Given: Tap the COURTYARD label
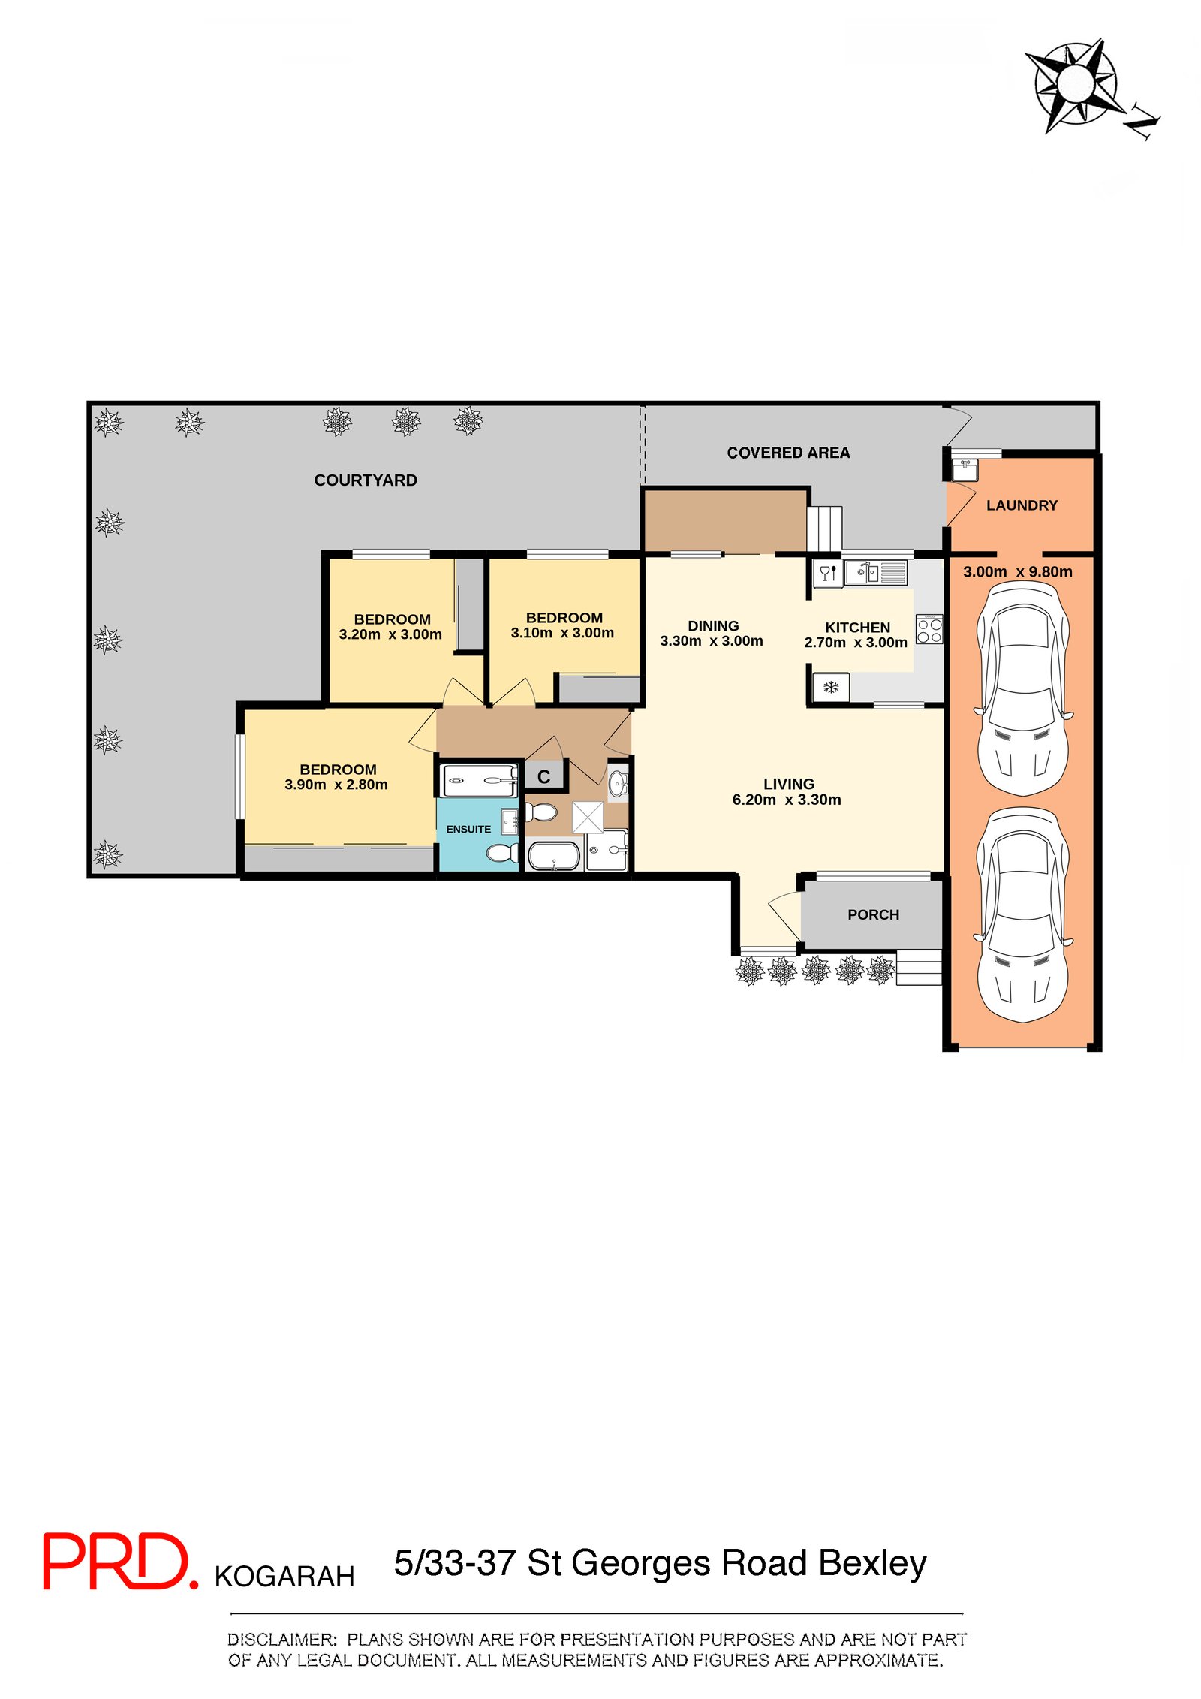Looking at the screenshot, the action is [x=366, y=480].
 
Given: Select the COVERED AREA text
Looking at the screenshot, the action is [x=788, y=453].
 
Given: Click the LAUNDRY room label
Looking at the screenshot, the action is [x=1022, y=505].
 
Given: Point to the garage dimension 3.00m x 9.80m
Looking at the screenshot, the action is [x=1017, y=571].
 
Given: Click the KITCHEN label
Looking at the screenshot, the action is [x=857, y=628].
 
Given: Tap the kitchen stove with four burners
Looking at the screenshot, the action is [x=929, y=629].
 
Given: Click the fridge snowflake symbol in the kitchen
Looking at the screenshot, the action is [x=831, y=687].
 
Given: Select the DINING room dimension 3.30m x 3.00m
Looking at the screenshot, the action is [x=712, y=641].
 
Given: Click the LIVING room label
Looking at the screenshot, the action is [x=789, y=784].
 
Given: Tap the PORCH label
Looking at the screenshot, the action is [x=873, y=914].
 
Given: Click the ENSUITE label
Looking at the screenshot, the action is [x=468, y=829].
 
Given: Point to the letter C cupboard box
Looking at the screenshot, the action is [x=544, y=776].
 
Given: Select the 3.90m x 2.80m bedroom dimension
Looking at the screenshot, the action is [x=336, y=785].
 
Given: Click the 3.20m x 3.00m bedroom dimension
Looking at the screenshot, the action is [x=390, y=634].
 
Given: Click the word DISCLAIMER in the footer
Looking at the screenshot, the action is [x=282, y=1640].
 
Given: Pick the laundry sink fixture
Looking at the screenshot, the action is [x=965, y=470].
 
